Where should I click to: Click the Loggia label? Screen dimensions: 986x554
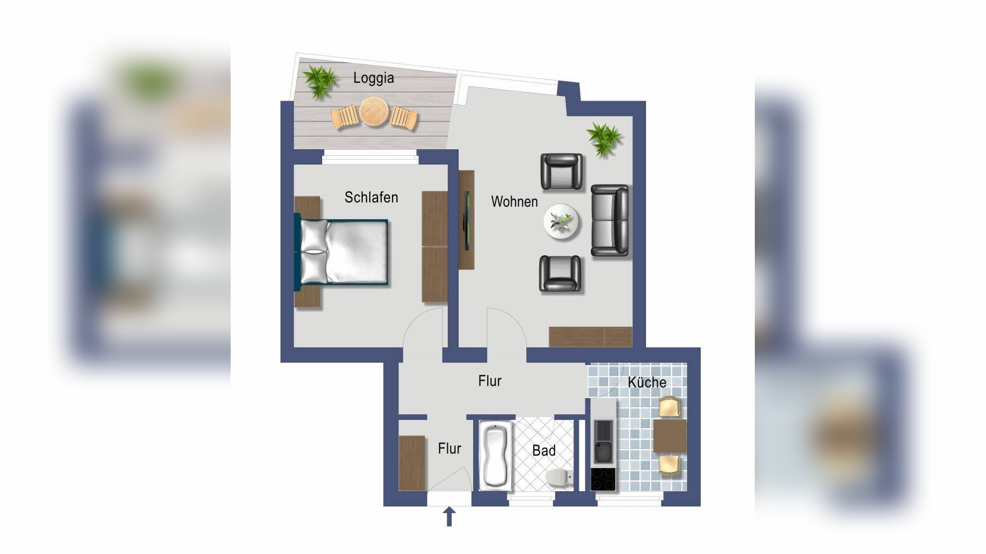click(x=373, y=78)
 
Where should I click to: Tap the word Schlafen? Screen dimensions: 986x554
click(x=371, y=197)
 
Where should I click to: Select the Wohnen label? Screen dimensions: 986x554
click(x=514, y=202)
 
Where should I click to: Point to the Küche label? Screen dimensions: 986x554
click(x=647, y=382)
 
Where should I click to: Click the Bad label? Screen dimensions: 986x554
click(x=544, y=450)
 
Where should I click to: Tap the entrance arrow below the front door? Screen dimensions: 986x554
click(x=449, y=517)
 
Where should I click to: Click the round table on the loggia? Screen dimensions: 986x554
click(x=374, y=111)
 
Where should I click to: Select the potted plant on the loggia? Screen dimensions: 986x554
click(x=320, y=81)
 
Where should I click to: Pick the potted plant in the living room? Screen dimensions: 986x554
click(x=604, y=139)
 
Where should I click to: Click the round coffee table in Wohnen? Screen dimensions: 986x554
click(x=561, y=221)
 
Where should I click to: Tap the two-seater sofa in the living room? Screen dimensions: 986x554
click(x=610, y=220)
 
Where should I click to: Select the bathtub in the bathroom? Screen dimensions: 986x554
click(x=495, y=456)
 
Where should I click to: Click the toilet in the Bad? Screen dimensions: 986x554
click(x=559, y=477)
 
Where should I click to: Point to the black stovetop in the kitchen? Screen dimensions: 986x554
click(x=603, y=479)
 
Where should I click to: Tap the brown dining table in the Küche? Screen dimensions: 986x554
click(x=670, y=436)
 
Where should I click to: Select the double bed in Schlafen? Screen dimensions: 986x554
click(x=342, y=251)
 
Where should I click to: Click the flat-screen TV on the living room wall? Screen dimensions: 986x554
click(x=466, y=220)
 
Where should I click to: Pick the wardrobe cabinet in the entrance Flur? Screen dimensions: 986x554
click(x=412, y=463)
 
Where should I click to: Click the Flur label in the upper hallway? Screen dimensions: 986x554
click(x=489, y=381)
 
